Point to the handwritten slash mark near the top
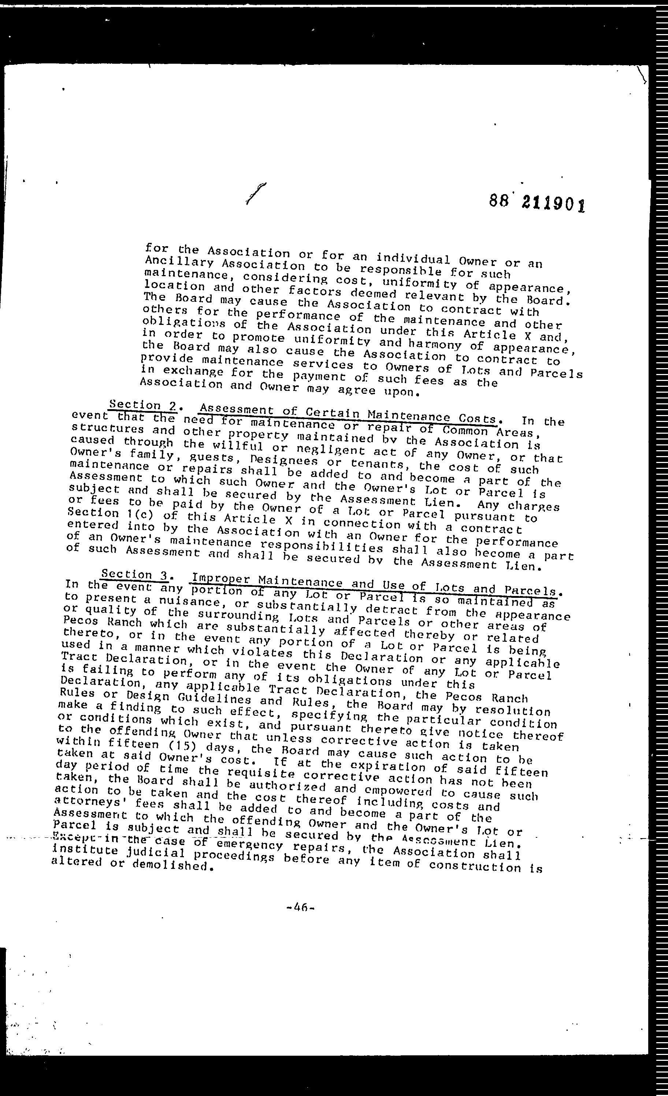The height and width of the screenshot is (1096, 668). pyautogui.click(x=255, y=194)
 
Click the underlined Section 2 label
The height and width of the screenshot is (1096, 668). pyautogui.click(x=142, y=405)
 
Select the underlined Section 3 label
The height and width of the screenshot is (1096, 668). pyautogui.click(x=134, y=575)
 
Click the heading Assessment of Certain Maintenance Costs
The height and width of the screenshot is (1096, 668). pyautogui.click(x=348, y=414)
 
